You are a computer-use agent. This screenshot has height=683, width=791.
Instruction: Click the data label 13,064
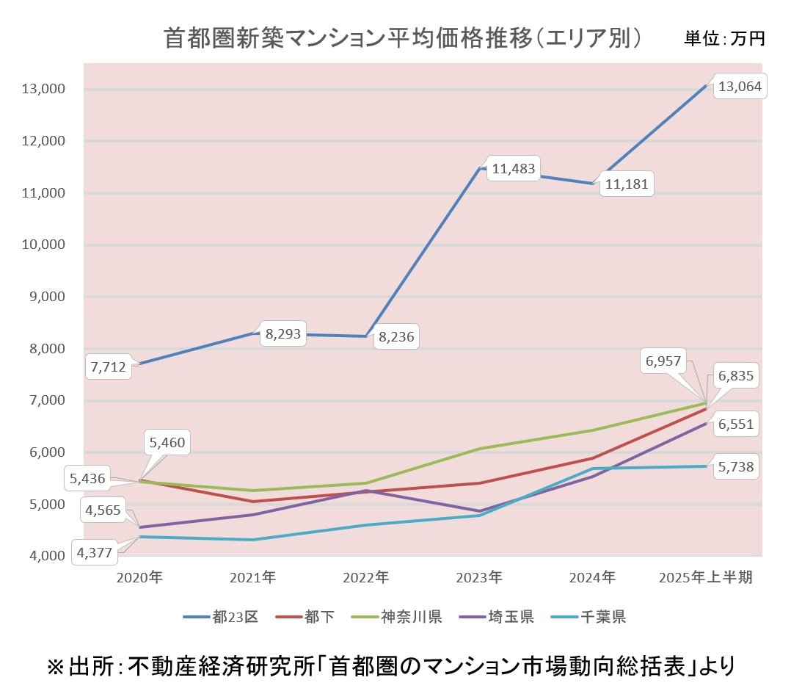click(x=740, y=87)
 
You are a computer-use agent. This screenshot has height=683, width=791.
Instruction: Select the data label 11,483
click(x=514, y=169)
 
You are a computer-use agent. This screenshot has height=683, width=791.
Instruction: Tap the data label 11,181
click(x=627, y=184)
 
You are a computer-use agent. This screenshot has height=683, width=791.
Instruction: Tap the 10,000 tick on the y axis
click(x=45, y=245)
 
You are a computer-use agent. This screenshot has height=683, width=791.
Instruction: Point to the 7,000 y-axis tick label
click(x=48, y=401)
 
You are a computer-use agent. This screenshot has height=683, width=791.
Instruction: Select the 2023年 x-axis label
click(x=481, y=578)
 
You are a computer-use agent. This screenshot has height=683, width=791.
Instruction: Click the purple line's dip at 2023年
click(x=481, y=511)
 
